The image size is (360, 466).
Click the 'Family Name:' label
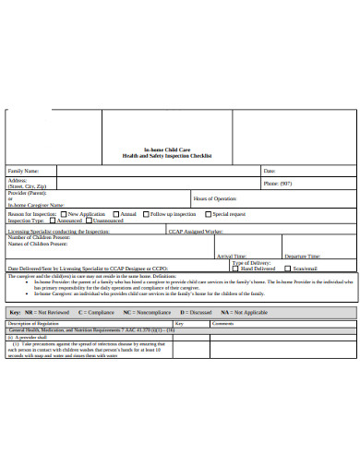(24, 171)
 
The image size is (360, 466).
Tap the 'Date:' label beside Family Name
(270, 171)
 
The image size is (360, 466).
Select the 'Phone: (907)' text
(281, 184)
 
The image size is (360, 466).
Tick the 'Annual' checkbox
(115, 214)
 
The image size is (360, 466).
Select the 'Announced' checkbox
(53, 221)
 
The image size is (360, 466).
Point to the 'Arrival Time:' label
(231, 256)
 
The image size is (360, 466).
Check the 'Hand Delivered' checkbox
(237, 269)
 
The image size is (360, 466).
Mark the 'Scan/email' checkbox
(288, 269)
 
